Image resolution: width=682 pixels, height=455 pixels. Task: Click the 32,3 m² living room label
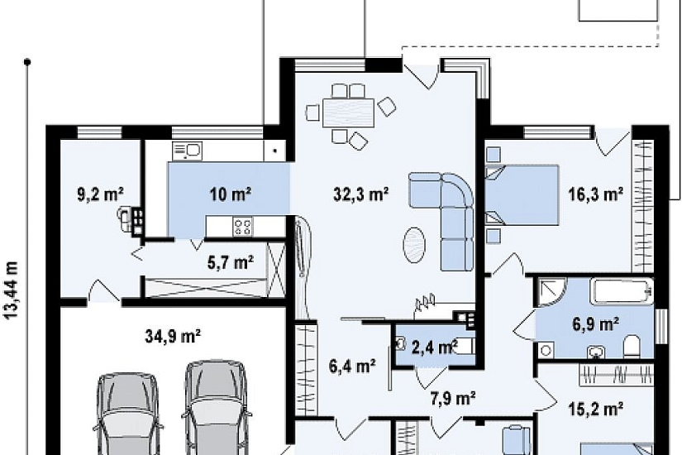pos(361,194)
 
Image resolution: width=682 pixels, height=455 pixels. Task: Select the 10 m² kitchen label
pos(230,194)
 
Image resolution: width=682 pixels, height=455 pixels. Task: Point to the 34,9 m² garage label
pos(173,336)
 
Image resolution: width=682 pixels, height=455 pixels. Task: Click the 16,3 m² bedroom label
pos(596,194)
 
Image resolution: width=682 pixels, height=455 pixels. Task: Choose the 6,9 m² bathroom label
pos(595,324)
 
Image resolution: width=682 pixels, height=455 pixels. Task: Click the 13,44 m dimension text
pos(12,290)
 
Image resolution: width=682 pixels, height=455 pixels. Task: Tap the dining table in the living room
pos(348,113)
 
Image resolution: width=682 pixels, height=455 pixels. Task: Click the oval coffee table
pos(414,245)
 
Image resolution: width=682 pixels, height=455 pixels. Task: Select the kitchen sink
pos(187,151)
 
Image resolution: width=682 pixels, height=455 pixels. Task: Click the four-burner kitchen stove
pos(242,227)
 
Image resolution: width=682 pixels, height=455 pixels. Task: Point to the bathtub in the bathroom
pos(622,291)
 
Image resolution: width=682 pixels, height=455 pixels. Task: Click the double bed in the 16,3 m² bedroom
pos(522,194)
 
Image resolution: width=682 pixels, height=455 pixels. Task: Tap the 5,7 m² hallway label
pos(230,263)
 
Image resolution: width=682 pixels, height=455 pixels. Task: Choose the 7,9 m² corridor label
pos(453,398)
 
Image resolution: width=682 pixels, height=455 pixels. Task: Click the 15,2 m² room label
pos(596,409)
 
